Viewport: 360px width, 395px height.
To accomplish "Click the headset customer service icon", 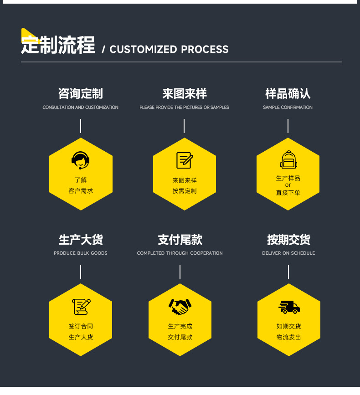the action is (x=81, y=160).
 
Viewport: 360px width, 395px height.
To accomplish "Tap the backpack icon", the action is (x=288, y=160).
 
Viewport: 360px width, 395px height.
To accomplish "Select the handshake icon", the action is (x=180, y=306).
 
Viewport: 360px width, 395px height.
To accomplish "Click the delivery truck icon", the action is (x=289, y=307).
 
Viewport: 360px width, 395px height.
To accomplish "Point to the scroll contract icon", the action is (x=81, y=307).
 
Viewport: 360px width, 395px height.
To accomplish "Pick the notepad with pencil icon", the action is (x=185, y=160).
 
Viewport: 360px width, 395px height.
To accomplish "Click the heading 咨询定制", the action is (x=81, y=94).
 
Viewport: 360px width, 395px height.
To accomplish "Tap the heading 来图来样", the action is (x=185, y=94).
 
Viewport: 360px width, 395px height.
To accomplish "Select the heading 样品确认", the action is (x=288, y=94).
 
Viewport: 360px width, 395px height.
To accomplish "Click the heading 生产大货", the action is (x=81, y=240).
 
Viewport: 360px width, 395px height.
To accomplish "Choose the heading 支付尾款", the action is (x=180, y=240).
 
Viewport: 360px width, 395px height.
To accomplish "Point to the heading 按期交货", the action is (x=288, y=240).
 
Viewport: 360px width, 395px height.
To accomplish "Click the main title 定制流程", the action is (x=58, y=46).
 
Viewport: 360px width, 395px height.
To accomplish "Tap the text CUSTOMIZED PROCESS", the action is (x=169, y=49).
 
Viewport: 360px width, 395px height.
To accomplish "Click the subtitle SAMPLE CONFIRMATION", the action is (x=288, y=108).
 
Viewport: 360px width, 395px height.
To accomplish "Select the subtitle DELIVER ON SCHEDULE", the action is (x=288, y=253).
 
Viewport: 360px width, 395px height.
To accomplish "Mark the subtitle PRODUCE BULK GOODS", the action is (x=81, y=253).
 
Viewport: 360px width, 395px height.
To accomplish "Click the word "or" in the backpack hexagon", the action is (x=288, y=185).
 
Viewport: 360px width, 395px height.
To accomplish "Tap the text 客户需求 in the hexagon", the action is (x=81, y=191).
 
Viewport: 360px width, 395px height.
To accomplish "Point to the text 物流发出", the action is (x=289, y=337).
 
